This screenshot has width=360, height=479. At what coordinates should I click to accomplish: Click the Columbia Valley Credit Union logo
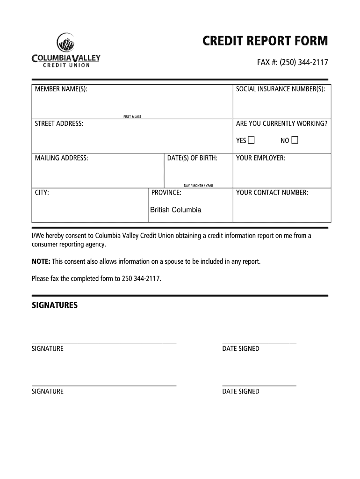tap(66, 51)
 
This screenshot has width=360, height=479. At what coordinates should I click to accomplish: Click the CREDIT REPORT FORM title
tap(265, 42)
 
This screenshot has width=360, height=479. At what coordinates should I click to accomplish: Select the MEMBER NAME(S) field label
tap(61, 89)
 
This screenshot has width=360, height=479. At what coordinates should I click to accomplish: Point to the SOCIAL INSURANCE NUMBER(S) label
tap(281, 89)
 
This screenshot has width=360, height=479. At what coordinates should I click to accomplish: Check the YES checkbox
tap(252, 140)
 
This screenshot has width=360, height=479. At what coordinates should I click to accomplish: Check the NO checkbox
tap(295, 140)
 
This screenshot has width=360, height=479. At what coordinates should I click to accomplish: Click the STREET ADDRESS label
tap(59, 123)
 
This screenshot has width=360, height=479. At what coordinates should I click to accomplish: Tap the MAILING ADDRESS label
tap(61, 158)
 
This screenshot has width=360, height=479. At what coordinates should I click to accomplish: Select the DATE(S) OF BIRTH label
tap(192, 158)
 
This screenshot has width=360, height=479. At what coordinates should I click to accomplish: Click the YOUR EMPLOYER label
tap(260, 158)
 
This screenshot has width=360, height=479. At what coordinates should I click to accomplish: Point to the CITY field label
tap(42, 193)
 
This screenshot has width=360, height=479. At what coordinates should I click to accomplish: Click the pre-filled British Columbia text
tap(176, 210)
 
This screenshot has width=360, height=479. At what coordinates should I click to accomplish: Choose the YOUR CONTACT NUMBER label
tap(272, 193)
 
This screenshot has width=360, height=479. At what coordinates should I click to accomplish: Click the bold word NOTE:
tap(41, 261)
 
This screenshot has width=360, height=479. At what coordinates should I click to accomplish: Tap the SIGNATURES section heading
tap(55, 305)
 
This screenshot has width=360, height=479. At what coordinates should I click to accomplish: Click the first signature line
tap(104, 343)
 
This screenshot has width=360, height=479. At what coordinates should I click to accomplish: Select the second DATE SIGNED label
tap(241, 392)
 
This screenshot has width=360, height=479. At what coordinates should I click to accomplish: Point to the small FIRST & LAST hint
tap(132, 116)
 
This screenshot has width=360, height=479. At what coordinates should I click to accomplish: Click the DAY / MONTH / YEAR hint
tap(198, 186)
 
